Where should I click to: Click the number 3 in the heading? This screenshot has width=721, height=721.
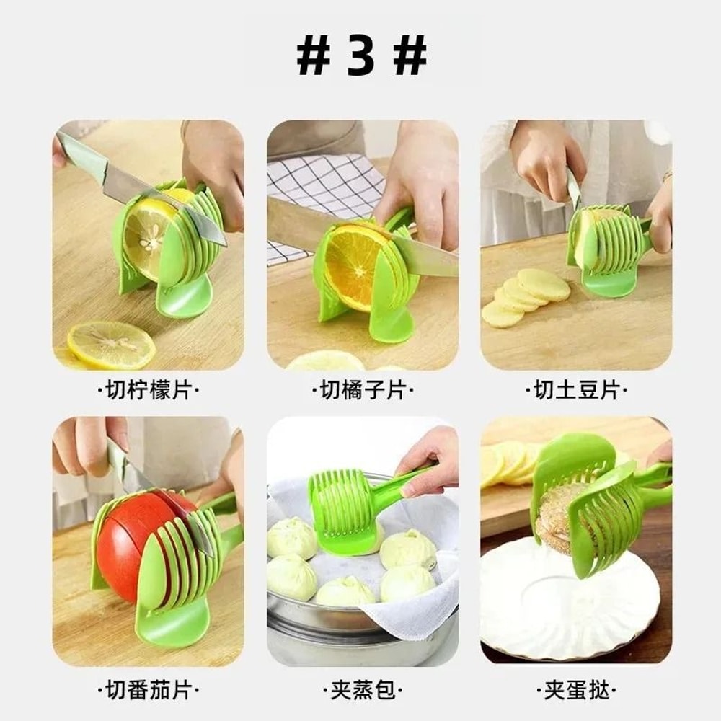coord(361,56)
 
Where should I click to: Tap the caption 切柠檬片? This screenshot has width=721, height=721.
coord(148,391)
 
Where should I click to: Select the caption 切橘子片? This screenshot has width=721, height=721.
coord(362,391)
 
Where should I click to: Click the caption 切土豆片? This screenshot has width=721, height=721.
coord(576,391)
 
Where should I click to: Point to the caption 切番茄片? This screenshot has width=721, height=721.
coord(148,691)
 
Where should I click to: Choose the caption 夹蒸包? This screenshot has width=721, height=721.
coord(362,691)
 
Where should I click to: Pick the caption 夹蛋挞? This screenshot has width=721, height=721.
coord(576,691)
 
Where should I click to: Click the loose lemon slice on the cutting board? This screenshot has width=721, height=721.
coord(111,345)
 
